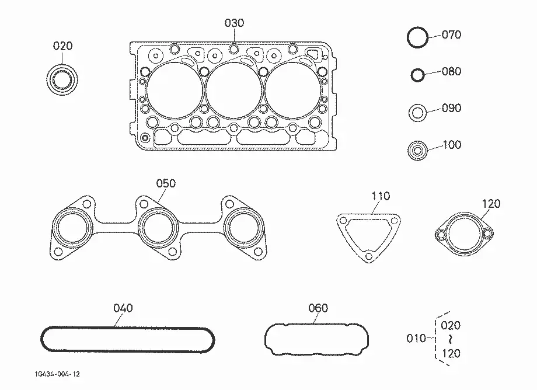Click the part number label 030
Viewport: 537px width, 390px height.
pos(234,23)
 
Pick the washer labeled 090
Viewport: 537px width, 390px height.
pos(410,113)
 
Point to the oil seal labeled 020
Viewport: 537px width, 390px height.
pos(48,81)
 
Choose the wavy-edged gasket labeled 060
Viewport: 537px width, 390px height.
pos(316,324)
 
